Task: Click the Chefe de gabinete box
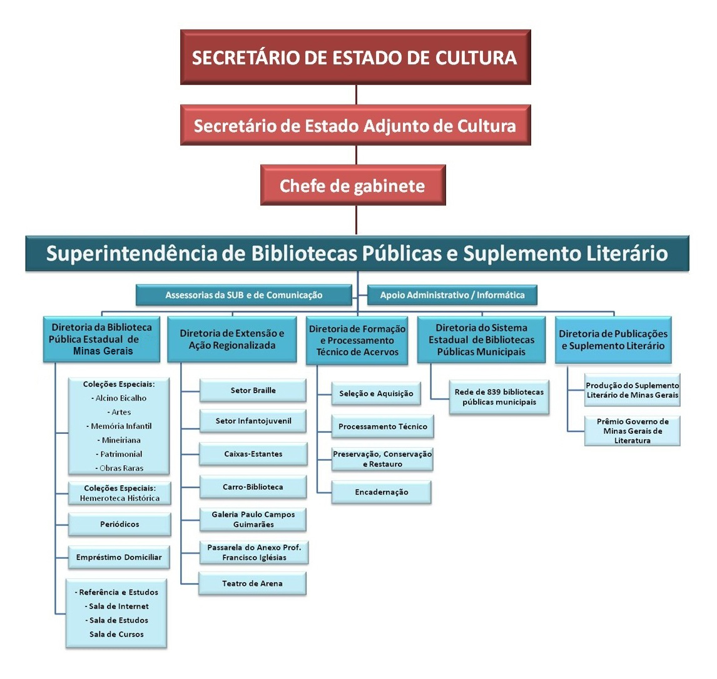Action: pos(353,185)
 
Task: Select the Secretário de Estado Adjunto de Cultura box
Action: pos(355,125)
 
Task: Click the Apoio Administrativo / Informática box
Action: pos(452,295)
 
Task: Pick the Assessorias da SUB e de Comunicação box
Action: pos(244,295)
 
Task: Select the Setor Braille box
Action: pos(253,390)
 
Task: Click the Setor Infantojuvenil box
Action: pos(253,421)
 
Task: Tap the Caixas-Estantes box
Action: pos(253,454)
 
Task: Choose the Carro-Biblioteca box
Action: pos(253,487)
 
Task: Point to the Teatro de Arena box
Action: pos(252,583)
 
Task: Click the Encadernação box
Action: pos(382,492)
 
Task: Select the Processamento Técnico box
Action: pos(383,426)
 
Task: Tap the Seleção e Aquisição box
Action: pos(376,393)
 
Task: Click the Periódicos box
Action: pos(119,524)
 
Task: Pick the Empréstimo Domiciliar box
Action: pos(119,557)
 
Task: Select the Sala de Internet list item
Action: pos(116,606)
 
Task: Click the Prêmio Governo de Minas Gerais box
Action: pos(633,430)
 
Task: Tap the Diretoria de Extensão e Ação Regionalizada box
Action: pos(232,339)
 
